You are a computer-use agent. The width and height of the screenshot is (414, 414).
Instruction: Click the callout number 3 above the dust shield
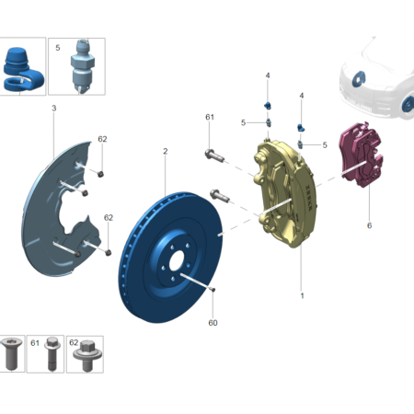(x=54, y=108)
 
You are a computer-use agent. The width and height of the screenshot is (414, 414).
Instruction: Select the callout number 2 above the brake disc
(x=166, y=151)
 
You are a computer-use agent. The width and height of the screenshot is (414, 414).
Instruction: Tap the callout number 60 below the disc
(x=213, y=323)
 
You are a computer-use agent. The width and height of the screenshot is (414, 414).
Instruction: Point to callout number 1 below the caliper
(x=302, y=296)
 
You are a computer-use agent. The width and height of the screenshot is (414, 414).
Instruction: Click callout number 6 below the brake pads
(x=369, y=225)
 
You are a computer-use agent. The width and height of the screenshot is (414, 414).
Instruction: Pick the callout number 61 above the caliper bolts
(x=210, y=117)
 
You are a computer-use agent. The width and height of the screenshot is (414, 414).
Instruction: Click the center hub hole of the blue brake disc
(x=176, y=261)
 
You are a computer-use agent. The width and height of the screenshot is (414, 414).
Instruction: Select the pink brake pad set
(x=362, y=155)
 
